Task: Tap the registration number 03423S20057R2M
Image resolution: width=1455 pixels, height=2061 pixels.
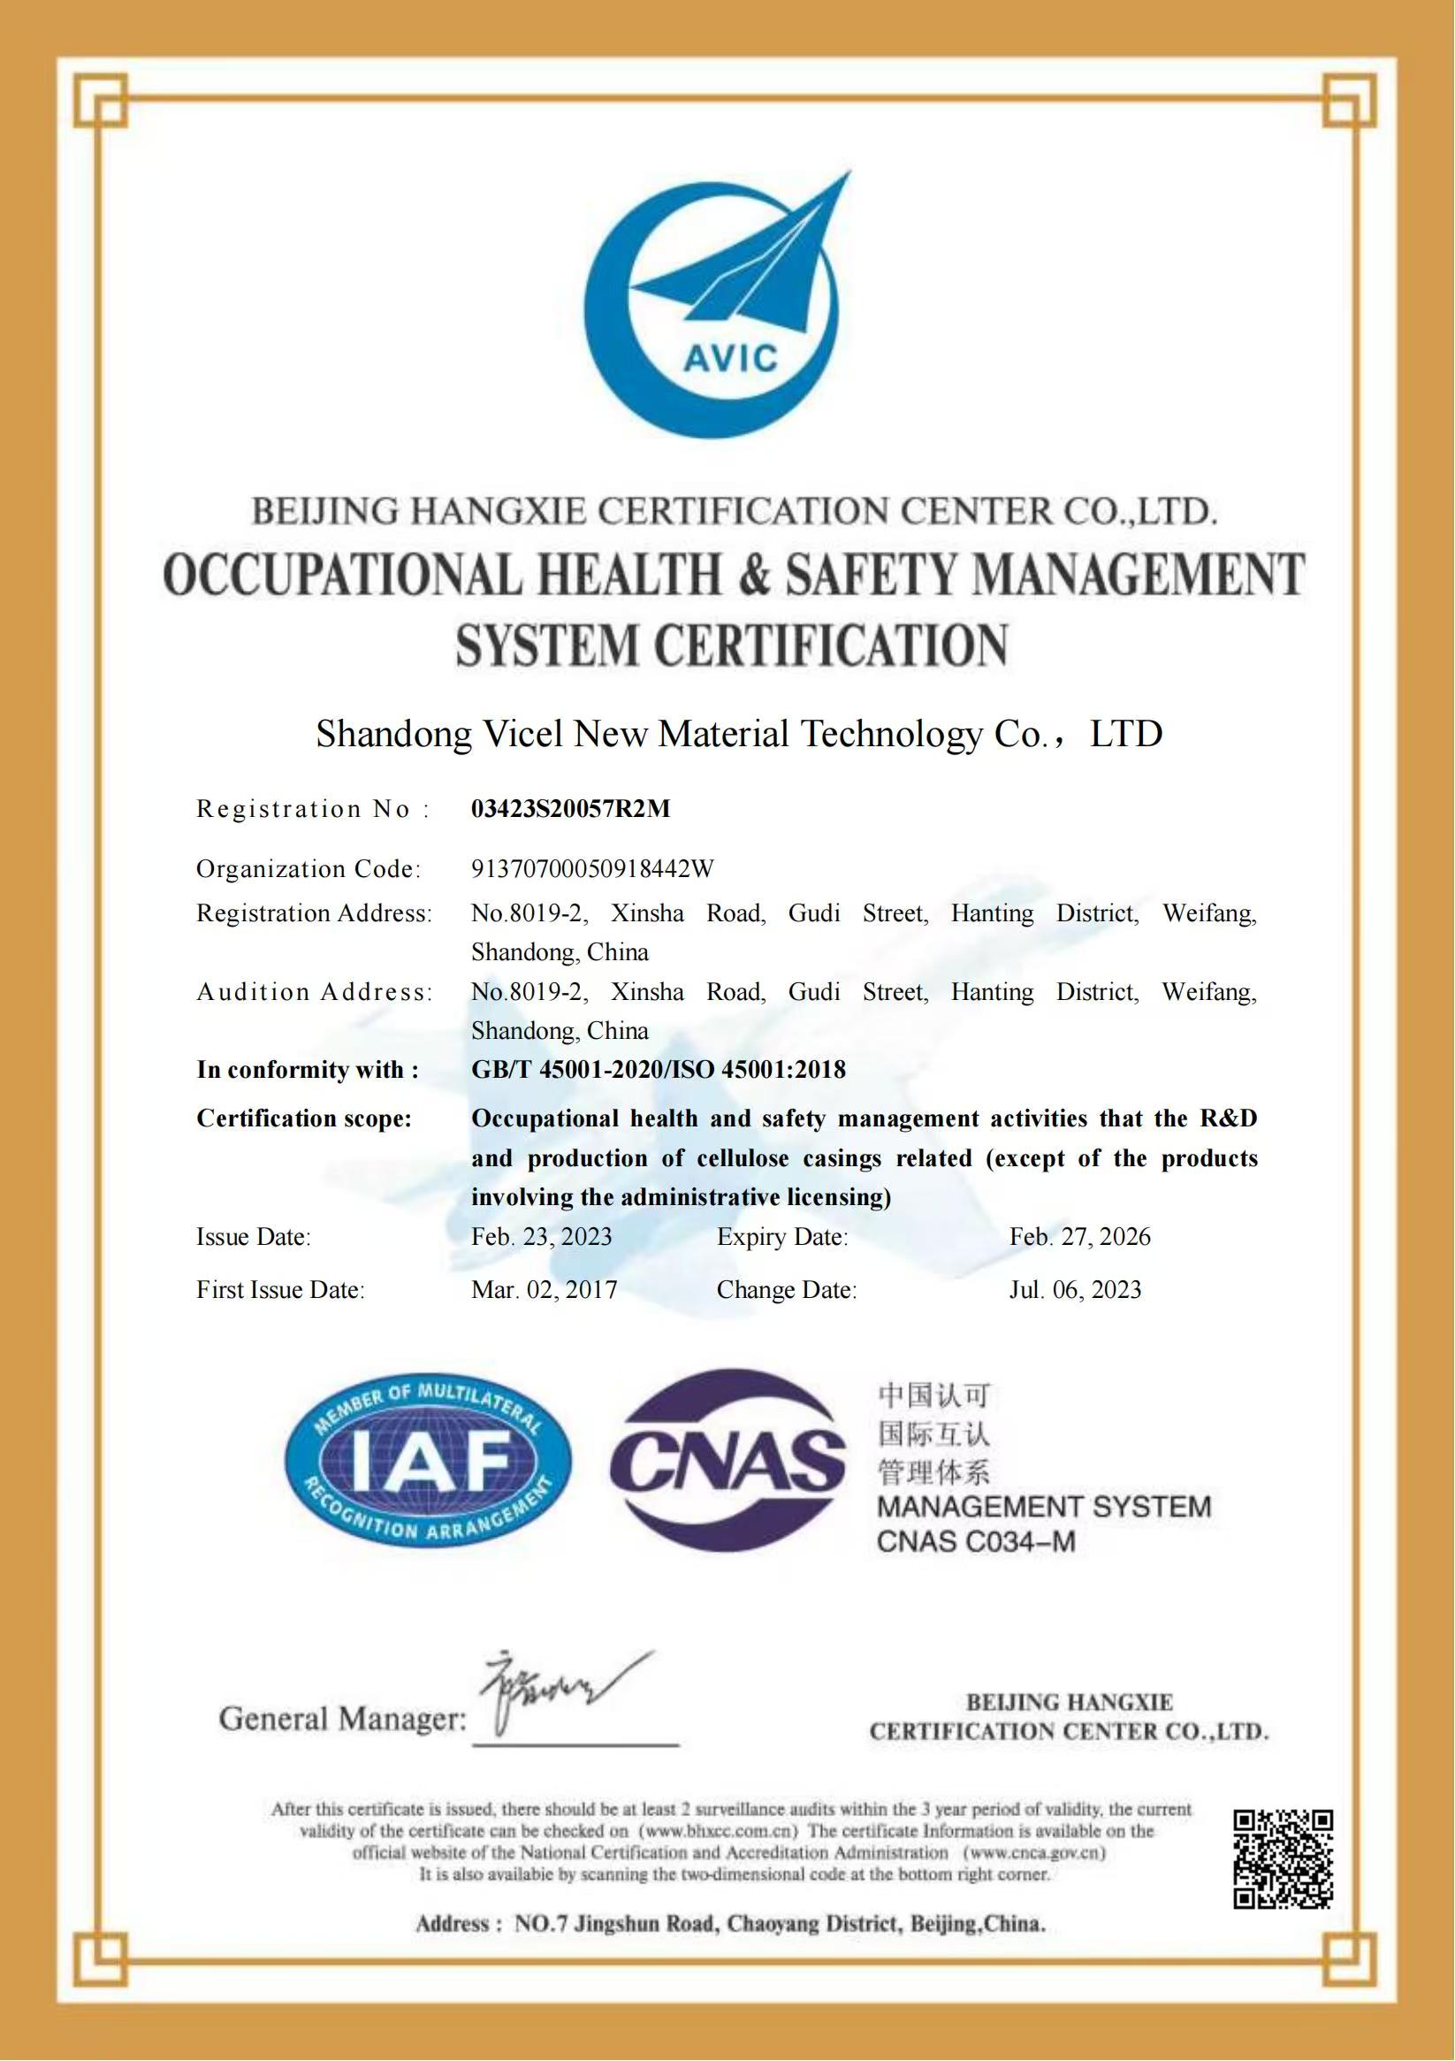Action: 571,809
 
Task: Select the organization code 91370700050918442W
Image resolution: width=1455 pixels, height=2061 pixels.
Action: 592,868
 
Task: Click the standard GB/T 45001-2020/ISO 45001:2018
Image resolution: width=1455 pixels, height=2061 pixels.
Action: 658,1069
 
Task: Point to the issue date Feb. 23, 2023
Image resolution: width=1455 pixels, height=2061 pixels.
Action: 541,1237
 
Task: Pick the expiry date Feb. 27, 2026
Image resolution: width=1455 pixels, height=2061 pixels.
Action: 1079,1237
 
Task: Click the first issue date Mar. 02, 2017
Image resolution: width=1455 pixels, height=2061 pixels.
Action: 544,1290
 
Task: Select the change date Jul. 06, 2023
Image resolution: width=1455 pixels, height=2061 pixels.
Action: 1074,1290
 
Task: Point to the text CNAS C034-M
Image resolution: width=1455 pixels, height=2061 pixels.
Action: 976,1542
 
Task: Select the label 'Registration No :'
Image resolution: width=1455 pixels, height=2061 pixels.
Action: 312,809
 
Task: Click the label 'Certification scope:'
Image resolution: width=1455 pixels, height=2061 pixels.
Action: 303,1118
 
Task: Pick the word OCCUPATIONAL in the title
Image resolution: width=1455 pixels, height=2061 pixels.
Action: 342,576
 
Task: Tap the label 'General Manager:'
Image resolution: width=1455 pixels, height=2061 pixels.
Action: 342,1719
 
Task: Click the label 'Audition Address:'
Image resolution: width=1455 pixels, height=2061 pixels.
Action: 314,992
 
